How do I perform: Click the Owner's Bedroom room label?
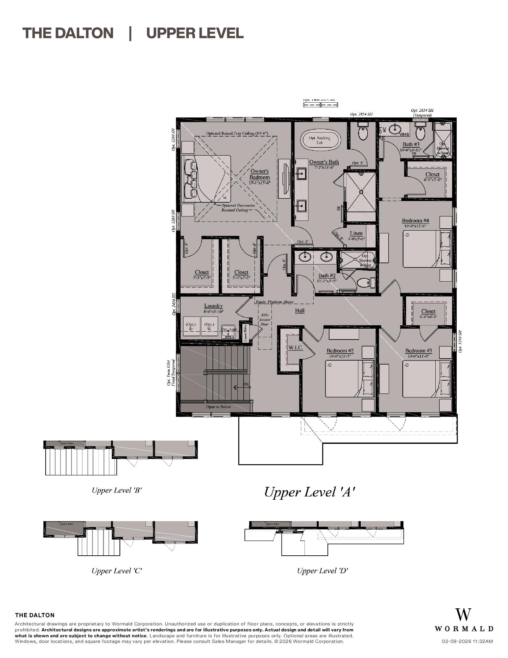[259, 174]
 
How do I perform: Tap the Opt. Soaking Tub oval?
[320, 140]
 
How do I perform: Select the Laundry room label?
[213, 306]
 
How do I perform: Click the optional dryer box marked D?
[191, 326]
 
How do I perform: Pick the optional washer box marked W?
[209, 326]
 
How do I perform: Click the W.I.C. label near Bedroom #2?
[296, 347]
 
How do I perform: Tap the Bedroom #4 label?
[415, 220]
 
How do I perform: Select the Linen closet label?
[356, 233]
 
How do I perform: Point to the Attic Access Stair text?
[264, 319]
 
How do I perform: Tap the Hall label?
[300, 310]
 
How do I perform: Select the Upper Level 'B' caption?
[116, 490]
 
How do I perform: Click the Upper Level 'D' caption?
[322, 571]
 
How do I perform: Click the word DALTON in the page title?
[84, 33]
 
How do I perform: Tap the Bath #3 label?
[411, 144]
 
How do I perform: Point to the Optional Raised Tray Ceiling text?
[237, 133]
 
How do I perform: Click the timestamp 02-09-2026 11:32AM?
[467, 641]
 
